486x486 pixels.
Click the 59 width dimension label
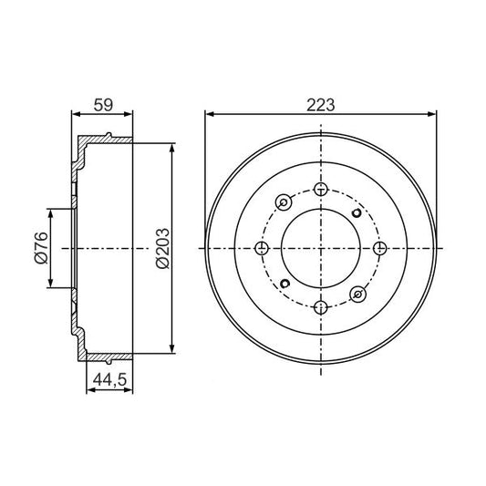click(104, 105)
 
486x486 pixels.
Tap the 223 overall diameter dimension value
click(320, 105)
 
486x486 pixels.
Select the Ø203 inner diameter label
click(162, 248)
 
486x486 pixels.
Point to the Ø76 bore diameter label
click(42, 248)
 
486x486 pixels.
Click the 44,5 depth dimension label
click(109, 379)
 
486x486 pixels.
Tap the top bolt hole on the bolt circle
click(320, 189)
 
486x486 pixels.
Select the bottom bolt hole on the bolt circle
click(320, 307)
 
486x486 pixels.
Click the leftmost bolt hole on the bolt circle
click(262, 248)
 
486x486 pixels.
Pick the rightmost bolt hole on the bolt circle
click(379, 248)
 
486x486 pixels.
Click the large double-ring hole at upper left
click(284, 202)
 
